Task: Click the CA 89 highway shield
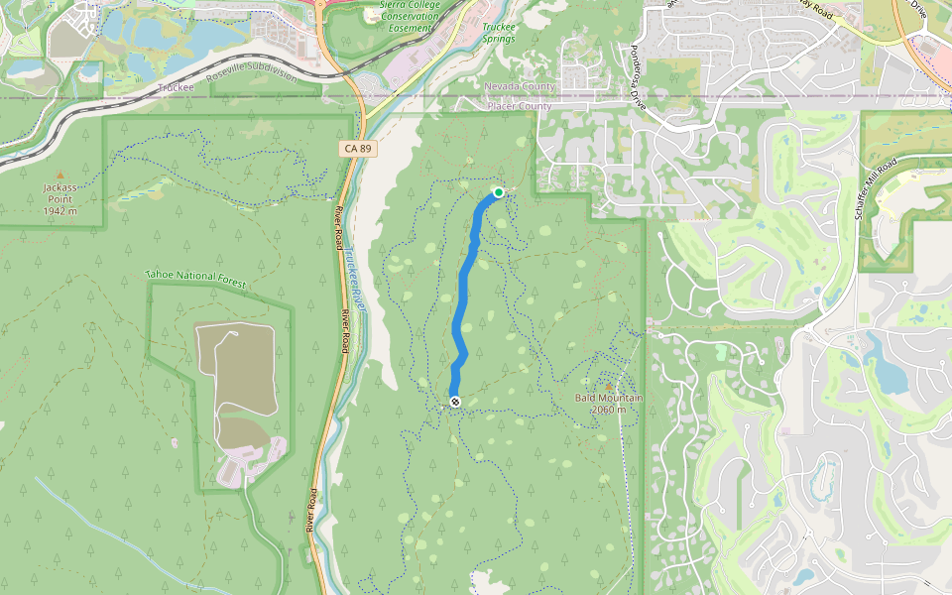358,149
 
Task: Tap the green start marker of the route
499,192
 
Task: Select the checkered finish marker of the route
454,401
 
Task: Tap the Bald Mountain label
609,399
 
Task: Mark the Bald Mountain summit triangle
608,386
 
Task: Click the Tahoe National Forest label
195,278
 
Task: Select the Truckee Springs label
499,33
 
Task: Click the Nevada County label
520,86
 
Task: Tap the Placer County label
520,106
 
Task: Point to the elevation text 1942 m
59,211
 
